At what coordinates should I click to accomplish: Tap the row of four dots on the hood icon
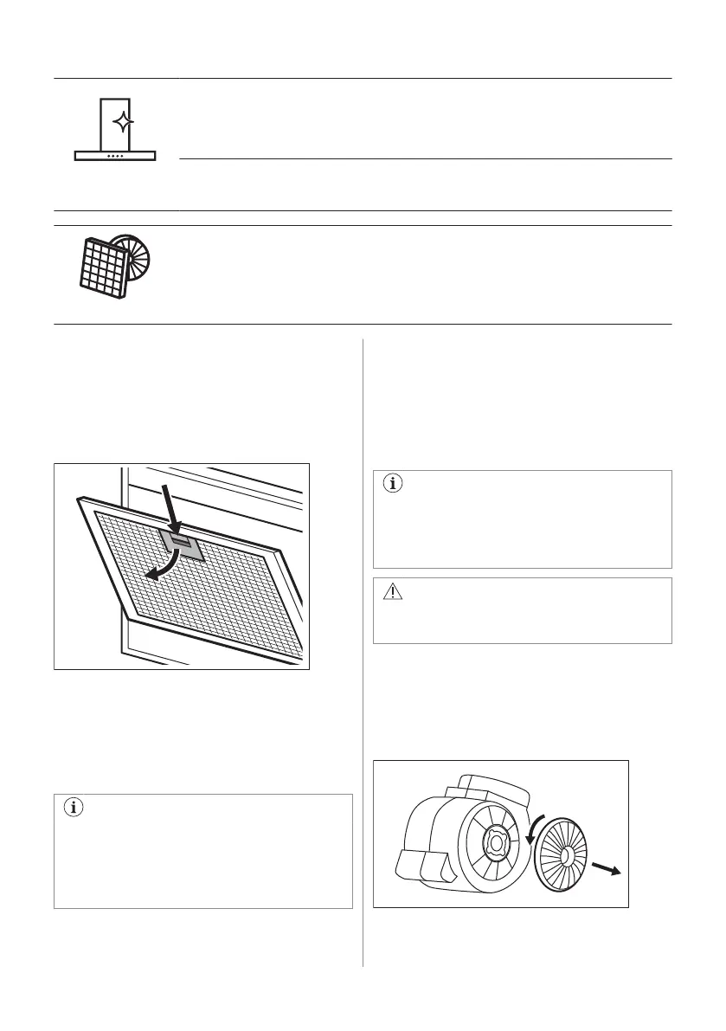(x=115, y=156)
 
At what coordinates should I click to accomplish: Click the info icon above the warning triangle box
(x=393, y=485)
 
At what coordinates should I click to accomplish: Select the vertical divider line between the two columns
(x=363, y=649)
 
